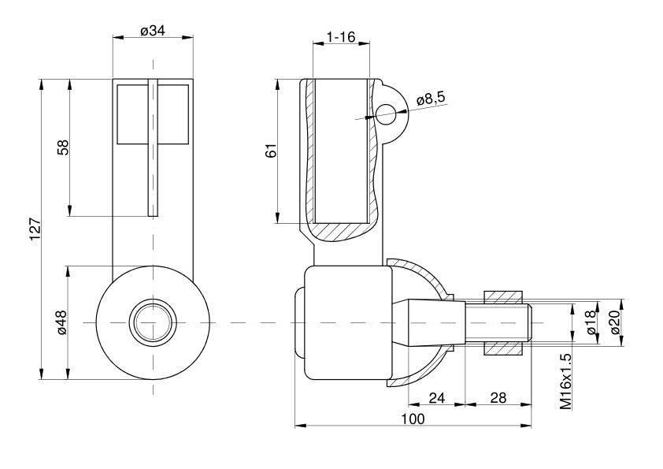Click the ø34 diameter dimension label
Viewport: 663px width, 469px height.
pos(153,31)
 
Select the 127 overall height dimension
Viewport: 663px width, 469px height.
pos(35,229)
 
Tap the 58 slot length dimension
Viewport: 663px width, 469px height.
pos(62,147)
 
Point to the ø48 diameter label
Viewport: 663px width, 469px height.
pos(62,322)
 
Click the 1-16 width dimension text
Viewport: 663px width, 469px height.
pos(341,37)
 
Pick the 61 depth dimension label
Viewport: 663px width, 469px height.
pos(271,151)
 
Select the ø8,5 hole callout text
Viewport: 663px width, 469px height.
pos(431,99)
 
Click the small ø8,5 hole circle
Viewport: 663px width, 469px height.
pos(385,114)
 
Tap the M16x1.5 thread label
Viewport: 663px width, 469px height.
pos(565,382)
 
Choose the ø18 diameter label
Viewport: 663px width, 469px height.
pos(591,322)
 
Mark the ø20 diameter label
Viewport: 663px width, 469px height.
pos(616,322)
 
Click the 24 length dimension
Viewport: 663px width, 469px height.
pos(437,398)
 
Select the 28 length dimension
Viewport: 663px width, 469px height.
pos(498,398)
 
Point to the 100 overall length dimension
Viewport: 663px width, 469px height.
pos(413,419)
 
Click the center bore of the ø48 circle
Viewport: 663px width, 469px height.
pos(153,322)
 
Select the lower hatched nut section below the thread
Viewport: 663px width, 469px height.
pos(502,348)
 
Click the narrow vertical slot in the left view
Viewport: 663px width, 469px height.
pos(153,147)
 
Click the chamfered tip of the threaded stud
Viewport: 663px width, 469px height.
pos(528,323)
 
